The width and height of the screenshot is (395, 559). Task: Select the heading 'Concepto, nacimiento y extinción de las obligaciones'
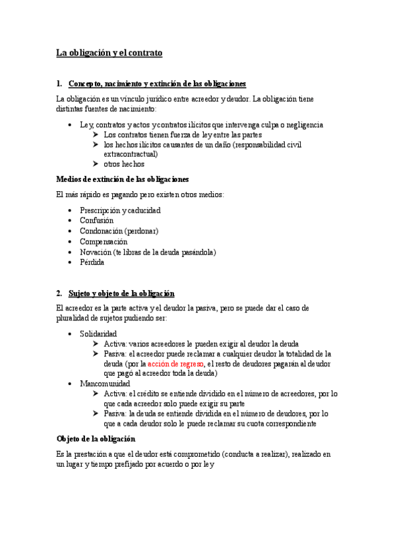point(157,84)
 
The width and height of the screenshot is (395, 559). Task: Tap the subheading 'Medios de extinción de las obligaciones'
point(123,179)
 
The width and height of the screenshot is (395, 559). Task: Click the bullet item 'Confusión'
point(96,220)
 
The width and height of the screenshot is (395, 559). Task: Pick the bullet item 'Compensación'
point(104,241)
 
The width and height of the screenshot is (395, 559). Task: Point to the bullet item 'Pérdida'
point(92,262)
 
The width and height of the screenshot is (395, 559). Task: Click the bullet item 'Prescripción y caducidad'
point(120,210)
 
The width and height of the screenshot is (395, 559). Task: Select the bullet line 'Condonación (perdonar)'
point(119,231)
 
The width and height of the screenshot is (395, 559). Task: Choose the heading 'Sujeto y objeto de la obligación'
point(121,293)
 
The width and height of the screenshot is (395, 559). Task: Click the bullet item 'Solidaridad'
point(98,334)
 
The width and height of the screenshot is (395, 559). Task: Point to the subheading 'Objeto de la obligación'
point(96,438)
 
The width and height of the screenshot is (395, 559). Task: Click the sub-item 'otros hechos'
point(124,164)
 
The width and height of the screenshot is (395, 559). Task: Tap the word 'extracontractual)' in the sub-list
point(131,154)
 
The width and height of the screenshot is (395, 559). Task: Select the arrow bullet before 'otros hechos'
point(96,164)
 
